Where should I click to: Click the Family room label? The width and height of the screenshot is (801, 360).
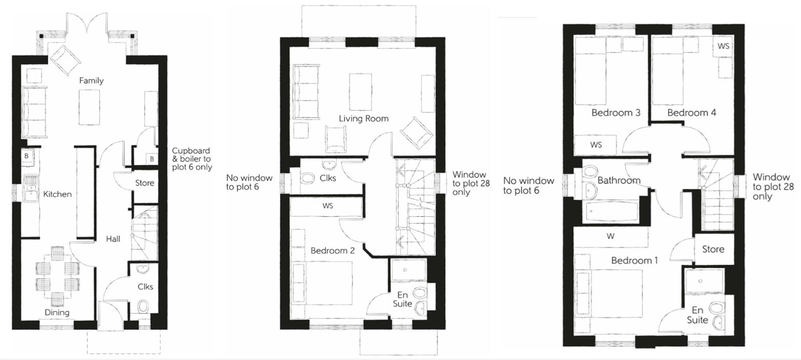[91, 81]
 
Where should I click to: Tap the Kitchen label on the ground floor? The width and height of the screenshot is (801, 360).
[57, 194]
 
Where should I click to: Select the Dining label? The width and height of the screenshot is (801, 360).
[56, 312]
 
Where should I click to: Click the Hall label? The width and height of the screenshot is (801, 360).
[113, 238]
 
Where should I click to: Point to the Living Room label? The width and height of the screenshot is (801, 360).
[363, 118]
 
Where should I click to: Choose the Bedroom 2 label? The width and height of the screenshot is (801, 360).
[332, 251]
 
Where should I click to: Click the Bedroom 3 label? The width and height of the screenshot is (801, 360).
[615, 112]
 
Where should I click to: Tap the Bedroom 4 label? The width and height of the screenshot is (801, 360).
[691, 112]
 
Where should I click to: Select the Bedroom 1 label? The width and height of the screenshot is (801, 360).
[634, 261]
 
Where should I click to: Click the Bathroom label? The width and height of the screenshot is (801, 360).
[618, 181]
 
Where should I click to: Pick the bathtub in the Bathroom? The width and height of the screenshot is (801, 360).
[611, 211]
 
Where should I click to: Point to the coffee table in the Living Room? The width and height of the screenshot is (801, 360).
[360, 91]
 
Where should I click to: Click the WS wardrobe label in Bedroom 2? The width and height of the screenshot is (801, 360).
[327, 206]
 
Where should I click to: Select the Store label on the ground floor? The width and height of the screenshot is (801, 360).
[145, 183]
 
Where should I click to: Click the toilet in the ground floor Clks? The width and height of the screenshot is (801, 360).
[143, 307]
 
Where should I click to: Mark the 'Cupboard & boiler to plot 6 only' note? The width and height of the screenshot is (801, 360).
[191, 159]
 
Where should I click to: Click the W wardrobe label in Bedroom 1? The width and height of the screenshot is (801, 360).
[610, 236]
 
